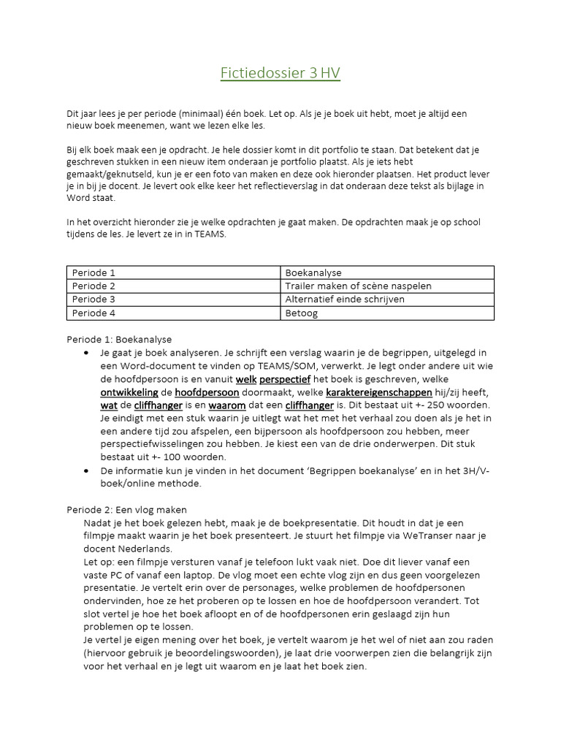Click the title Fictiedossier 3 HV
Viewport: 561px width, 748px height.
click(280, 73)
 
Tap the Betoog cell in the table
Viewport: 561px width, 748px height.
click(301, 313)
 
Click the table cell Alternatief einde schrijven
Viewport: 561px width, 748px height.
click(345, 299)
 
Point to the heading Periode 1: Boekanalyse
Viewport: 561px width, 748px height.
click(119, 339)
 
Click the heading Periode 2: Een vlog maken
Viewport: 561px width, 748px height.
click(126, 509)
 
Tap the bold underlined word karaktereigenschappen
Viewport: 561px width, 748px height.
click(378, 392)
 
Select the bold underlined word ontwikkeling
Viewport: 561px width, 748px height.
click(129, 392)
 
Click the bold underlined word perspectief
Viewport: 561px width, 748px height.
click(285, 379)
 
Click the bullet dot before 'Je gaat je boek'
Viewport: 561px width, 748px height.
click(87, 353)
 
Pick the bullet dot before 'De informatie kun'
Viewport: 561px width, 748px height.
click(87, 471)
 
